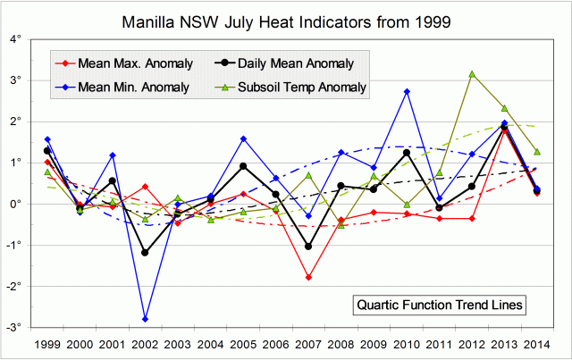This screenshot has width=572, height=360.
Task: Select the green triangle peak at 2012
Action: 471,74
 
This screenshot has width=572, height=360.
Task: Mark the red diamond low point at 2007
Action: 308,277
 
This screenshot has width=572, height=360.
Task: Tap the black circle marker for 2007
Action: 308,247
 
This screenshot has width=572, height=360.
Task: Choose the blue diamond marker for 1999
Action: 47,139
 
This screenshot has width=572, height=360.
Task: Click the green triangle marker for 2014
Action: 536,152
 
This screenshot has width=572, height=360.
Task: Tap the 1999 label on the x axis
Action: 47,343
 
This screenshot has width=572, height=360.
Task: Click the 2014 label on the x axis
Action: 536,343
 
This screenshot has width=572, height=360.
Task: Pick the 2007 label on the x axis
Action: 308,343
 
